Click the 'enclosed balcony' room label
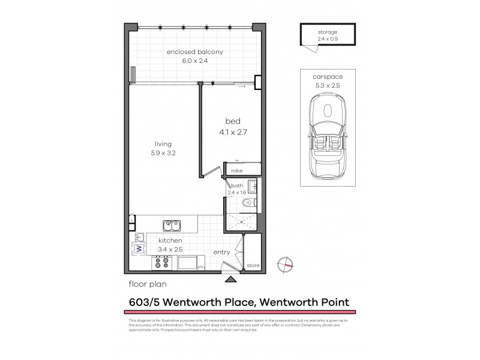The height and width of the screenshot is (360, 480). pos(194,52)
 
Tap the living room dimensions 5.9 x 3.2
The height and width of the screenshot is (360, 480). pos(163,153)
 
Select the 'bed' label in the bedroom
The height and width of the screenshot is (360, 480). pos(232,121)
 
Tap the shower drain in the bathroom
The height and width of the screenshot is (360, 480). pos(242,221)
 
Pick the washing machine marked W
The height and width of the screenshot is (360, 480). pos(138,248)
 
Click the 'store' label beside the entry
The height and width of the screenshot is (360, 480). pos(253,265)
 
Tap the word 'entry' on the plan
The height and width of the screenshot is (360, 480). pos(221,252)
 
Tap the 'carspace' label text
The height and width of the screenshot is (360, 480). pos(328,77)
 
